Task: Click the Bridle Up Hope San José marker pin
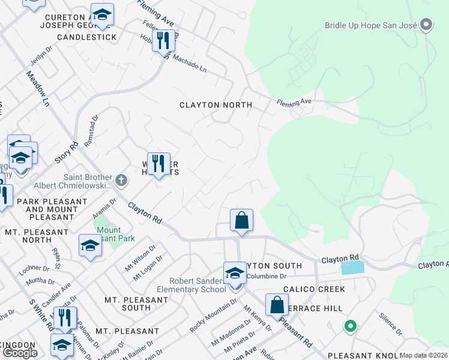click(427, 25)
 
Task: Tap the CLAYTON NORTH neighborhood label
click(215, 105)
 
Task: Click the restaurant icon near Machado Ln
click(163, 41)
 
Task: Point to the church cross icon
click(121, 179)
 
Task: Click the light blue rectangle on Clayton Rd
click(352, 268)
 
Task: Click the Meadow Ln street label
click(37, 89)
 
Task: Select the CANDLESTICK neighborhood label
click(86, 37)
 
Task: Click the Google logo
click(20, 353)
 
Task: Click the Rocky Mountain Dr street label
click(214, 318)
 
